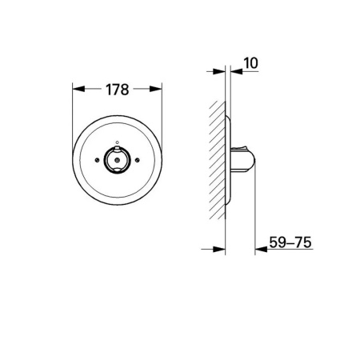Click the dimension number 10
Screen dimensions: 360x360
(x=250, y=61)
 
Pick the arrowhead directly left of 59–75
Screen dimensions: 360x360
(x=260, y=249)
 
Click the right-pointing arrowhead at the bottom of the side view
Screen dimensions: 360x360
(x=222, y=249)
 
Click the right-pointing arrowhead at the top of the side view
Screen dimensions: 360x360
(x=222, y=72)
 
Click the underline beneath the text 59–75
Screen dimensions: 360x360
(x=286, y=249)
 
